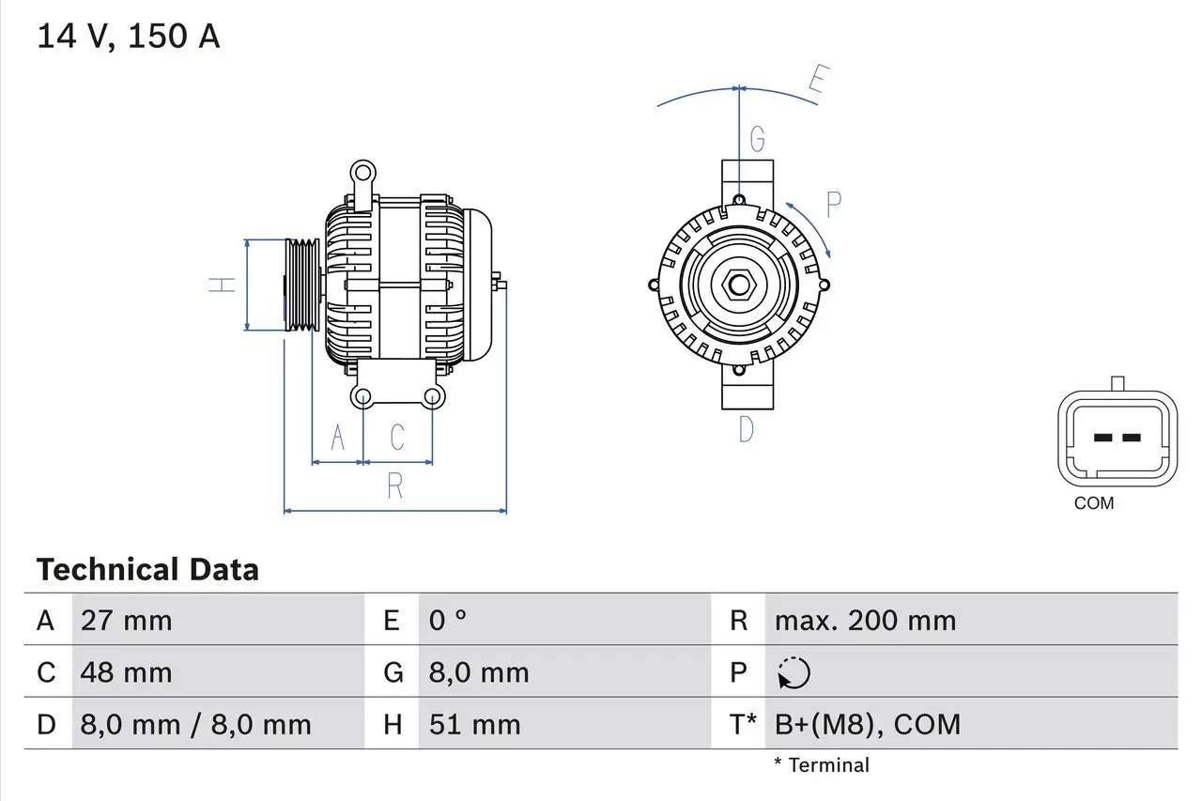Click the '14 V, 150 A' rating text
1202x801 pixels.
[x=128, y=37]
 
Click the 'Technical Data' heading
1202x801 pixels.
[x=147, y=570]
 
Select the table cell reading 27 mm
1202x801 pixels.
[x=127, y=621]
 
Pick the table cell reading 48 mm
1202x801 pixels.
[x=127, y=672]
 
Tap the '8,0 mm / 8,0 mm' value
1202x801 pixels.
[x=195, y=724]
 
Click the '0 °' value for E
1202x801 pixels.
[x=447, y=621]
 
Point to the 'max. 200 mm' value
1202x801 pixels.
[x=865, y=621]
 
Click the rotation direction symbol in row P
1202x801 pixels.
[x=794, y=672]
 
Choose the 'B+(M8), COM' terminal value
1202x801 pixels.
[x=868, y=724]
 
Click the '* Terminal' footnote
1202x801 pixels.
[x=822, y=765]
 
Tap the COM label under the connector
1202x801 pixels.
[x=1094, y=503]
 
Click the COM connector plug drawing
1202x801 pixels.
[x=1117, y=439]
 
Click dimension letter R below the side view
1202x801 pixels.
[x=394, y=486]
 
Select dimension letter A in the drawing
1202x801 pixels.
[x=338, y=437]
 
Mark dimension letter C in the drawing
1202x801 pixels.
[x=397, y=437]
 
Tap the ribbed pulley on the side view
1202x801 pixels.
[x=302, y=285]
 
